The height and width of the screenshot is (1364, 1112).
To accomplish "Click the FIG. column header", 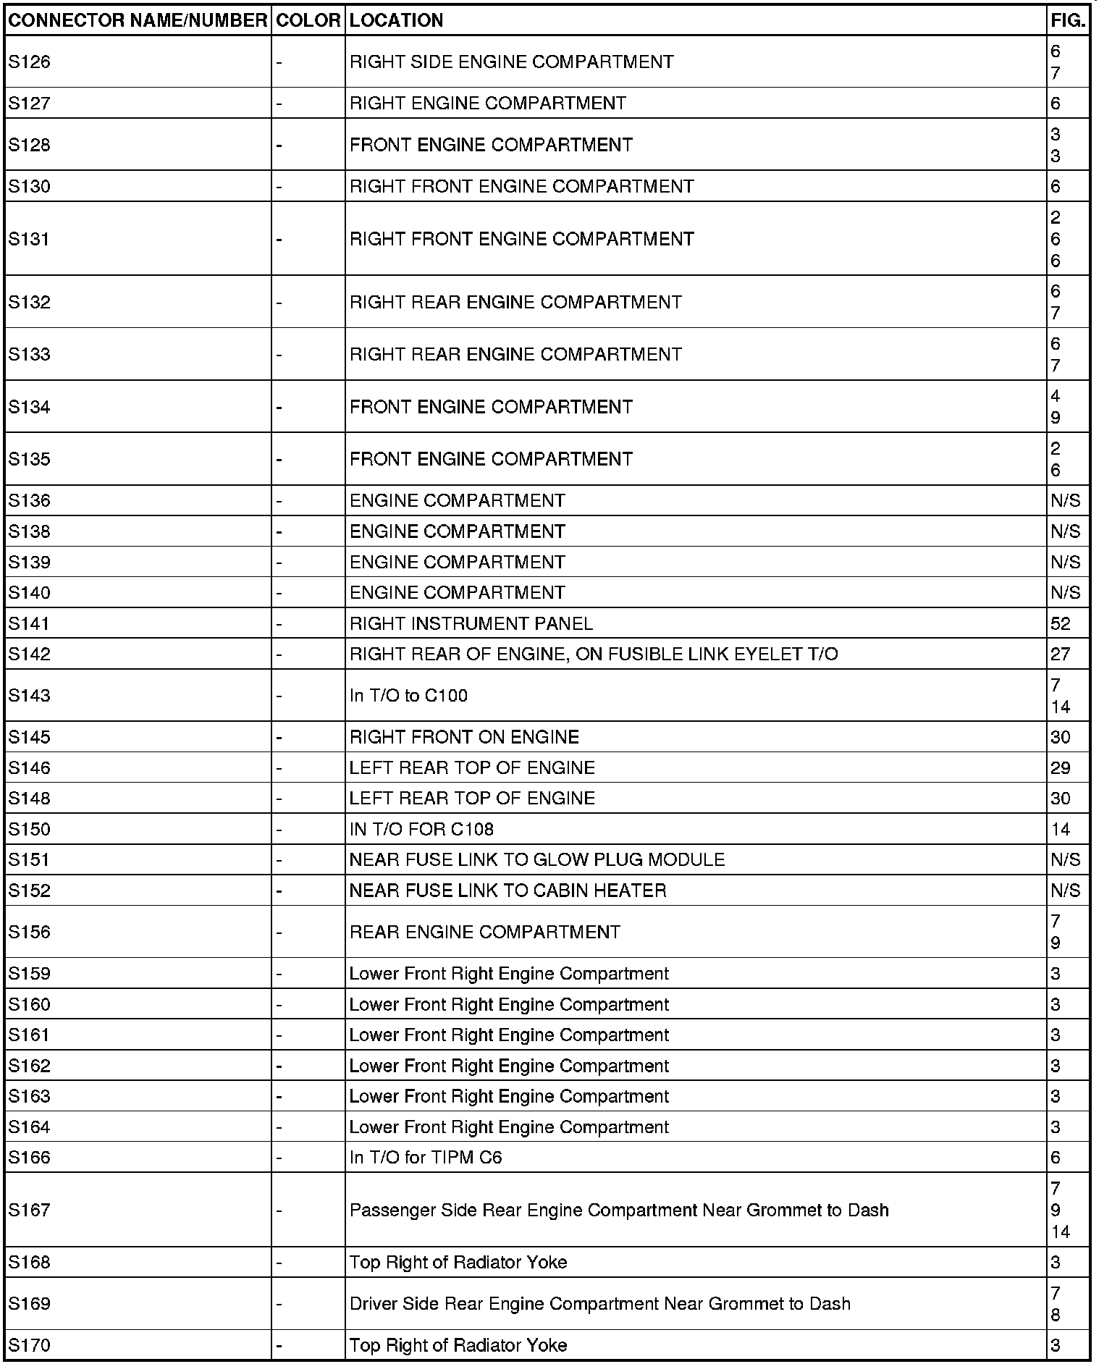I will [1068, 20].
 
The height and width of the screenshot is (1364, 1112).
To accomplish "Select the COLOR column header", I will [308, 20].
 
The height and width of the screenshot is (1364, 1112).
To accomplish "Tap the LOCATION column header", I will [396, 20].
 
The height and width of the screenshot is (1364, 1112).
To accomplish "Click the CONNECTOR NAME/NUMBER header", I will [138, 20].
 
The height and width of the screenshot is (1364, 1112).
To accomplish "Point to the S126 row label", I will [30, 62].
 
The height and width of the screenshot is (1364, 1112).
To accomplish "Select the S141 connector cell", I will [30, 623].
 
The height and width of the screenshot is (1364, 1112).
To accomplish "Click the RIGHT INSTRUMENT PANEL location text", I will [471, 623].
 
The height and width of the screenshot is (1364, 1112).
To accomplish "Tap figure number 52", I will [1060, 623].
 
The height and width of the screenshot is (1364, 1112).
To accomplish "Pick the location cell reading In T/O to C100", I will [408, 696].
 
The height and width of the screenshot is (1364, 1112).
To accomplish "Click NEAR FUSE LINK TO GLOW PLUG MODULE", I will [536, 859].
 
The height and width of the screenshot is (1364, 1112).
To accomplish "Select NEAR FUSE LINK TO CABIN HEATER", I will [507, 891].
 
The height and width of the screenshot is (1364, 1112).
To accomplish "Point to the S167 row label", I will [30, 1210].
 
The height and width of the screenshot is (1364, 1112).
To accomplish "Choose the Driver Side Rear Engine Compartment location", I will [599, 1304].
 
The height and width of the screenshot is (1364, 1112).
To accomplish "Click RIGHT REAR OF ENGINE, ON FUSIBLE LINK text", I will [593, 654].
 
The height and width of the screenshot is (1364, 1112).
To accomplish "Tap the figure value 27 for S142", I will [1060, 654].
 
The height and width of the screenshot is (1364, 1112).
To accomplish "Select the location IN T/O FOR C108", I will [421, 829].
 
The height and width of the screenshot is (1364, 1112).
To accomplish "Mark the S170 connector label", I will [30, 1345].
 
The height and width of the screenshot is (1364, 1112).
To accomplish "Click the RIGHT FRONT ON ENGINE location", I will [464, 737].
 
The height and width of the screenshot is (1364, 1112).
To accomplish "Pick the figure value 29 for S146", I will [1060, 767].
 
